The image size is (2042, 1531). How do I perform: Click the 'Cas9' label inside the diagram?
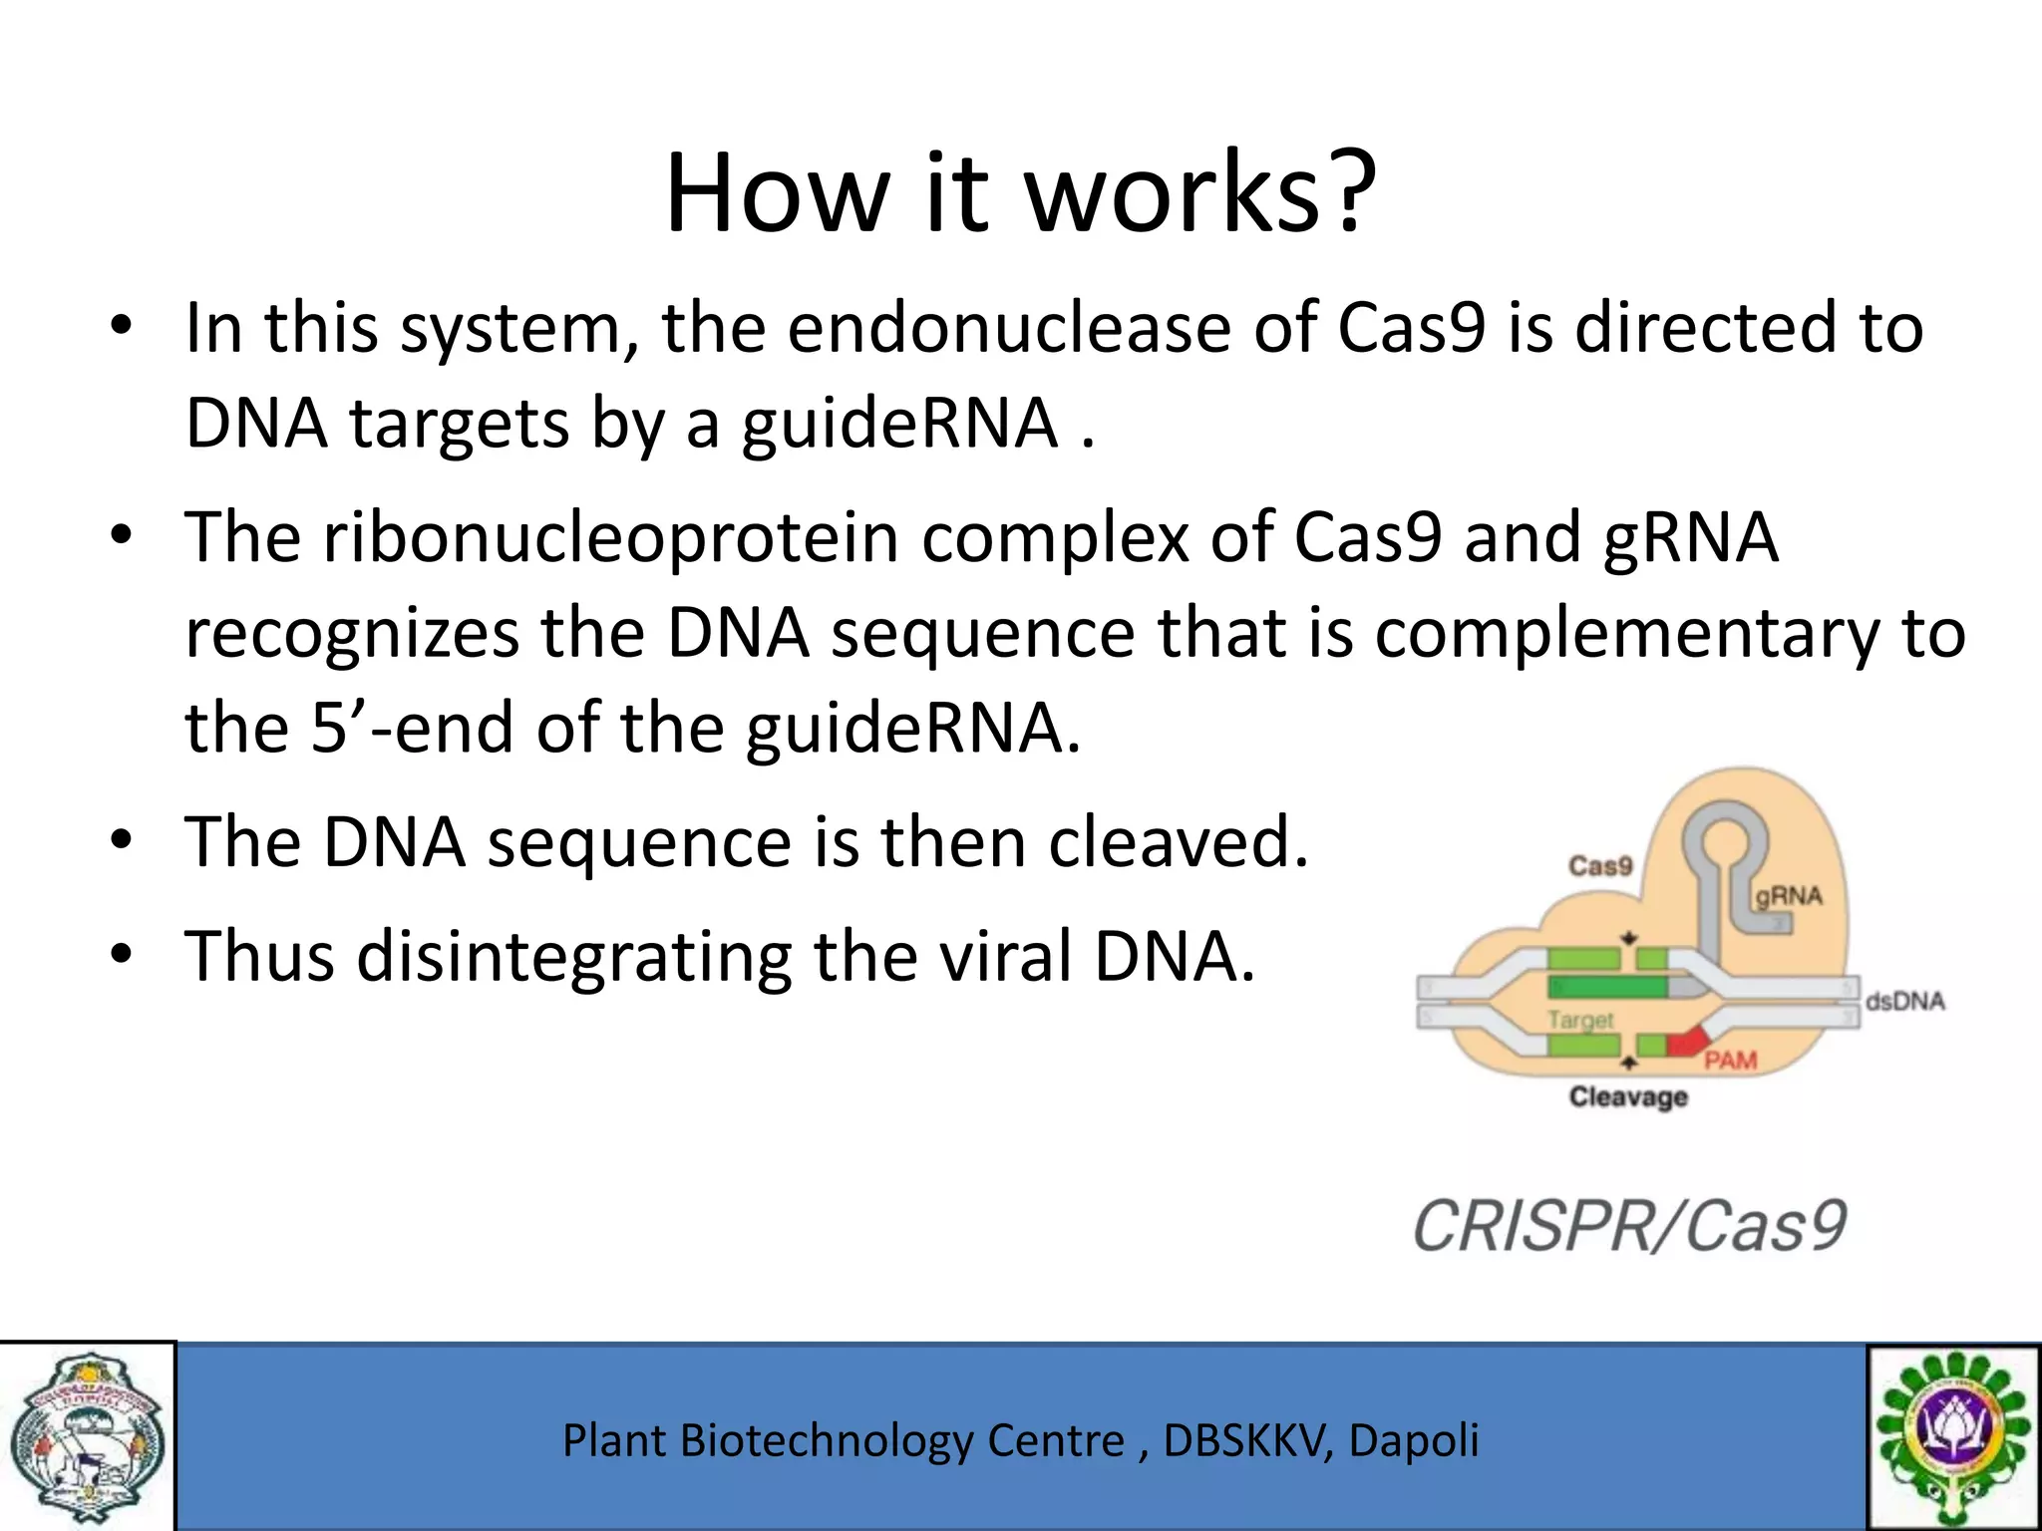[1600, 865]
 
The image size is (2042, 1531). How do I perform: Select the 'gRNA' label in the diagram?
[1789, 896]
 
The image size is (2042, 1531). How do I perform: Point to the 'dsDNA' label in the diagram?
[1904, 1001]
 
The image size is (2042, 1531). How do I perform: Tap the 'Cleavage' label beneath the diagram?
[1628, 1097]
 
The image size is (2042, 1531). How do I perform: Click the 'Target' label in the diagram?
[1580, 1020]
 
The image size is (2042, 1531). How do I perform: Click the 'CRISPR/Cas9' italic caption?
[1629, 1226]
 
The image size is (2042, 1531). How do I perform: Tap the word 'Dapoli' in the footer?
[1413, 1440]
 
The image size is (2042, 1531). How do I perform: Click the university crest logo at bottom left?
[87, 1436]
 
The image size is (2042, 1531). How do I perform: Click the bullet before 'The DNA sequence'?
[122, 841]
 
